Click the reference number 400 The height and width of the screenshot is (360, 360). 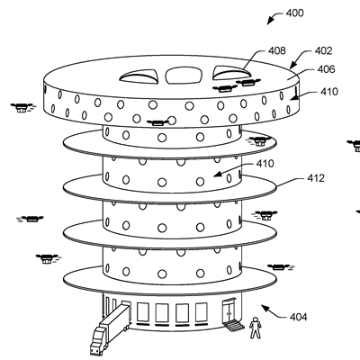pos(294,13)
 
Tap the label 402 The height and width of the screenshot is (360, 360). pos(323,51)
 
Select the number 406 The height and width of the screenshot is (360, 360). pos(326,69)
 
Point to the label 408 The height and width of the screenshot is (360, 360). pos(277,50)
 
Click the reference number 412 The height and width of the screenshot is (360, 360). pos(316,178)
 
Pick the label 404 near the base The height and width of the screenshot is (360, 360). pos(299,317)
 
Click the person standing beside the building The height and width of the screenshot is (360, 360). pos(256,328)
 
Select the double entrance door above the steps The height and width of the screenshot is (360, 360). pos(229,310)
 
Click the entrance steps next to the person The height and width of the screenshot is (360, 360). pos(235,326)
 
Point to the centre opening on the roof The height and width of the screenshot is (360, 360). pos(183,76)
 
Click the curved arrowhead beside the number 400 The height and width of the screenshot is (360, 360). pos(270,21)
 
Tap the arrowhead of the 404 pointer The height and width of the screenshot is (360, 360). pos(265,307)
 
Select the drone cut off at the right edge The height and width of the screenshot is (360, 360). pos(354,146)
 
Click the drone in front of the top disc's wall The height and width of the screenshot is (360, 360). pos(157,122)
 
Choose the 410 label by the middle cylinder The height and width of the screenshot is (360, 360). pos(265,164)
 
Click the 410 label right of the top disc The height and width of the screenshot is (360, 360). pos(329,92)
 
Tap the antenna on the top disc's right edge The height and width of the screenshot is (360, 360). pos(295,93)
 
